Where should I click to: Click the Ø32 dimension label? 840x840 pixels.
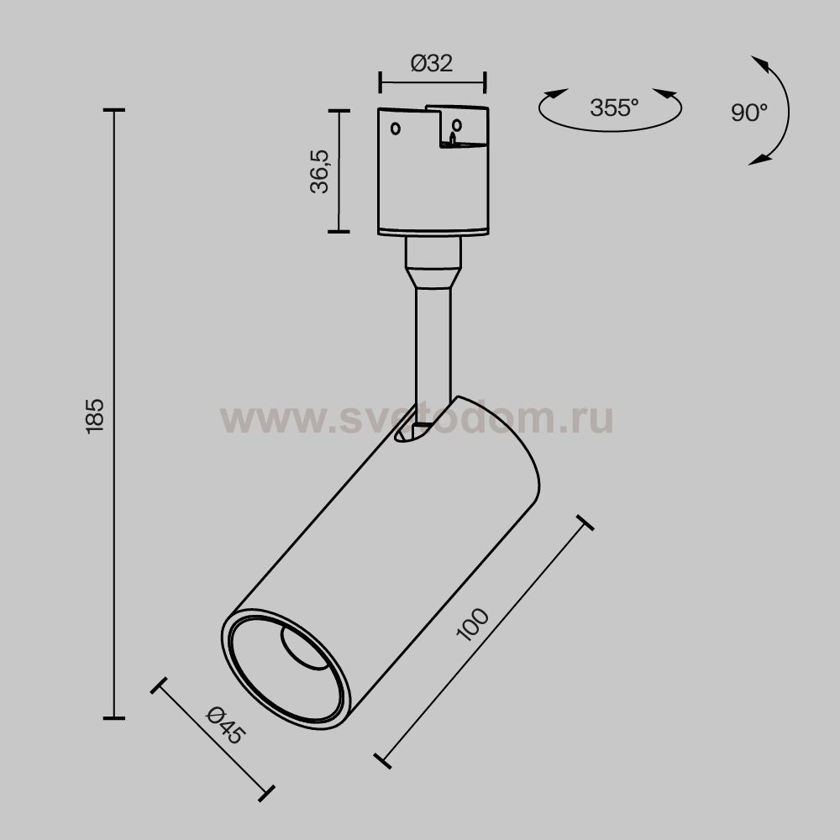(x=433, y=64)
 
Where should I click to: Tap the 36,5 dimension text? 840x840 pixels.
(x=320, y=171)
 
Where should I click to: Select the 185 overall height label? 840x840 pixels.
(x=94, y=414)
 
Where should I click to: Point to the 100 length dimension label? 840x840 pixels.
(x=473, y=625)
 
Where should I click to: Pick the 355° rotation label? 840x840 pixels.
(x=614, y=108)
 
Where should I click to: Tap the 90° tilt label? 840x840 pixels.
(x=748, y=113)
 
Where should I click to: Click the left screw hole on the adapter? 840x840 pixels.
(x=396, y=129)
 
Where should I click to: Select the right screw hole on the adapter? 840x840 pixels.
(x=457, y=126)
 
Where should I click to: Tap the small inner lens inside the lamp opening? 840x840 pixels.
(x=304, y=648)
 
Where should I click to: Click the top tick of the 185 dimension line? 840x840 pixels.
(x=113, y=110)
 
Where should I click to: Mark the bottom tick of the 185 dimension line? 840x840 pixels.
(x=113, y=718)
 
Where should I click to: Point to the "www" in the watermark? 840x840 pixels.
(x=257, y=418)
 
